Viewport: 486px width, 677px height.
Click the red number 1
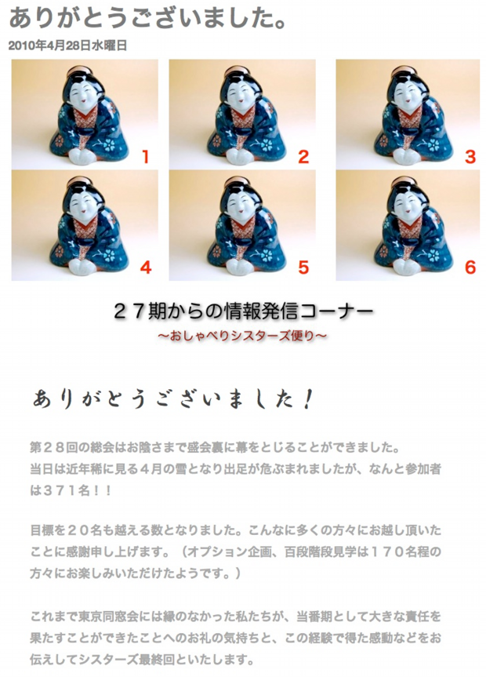tap(146, 156)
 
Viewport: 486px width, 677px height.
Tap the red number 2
tap(303, 156)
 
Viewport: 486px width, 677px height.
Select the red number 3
tap(470, 156)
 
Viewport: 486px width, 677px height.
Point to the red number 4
tap(146, 268)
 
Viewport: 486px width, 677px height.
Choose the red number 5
tap(303, 268)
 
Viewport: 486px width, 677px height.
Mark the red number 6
tap(470, 268)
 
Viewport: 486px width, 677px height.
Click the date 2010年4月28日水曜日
tap(67, 45)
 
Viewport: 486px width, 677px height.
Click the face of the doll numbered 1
tap(86, 93)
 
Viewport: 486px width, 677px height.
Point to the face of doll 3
tap(408, 93)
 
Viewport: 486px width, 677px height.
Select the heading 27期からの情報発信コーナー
tap(243, 311)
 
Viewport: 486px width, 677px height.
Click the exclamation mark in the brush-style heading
tap(306, 399)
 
